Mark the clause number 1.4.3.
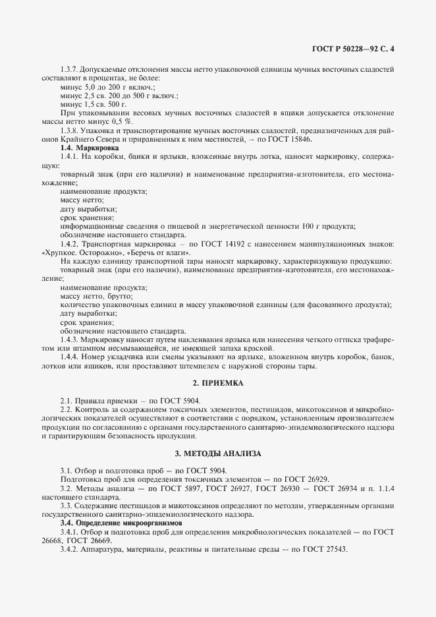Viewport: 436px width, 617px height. click(70, 339)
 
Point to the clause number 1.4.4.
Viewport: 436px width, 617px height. click(70, 357)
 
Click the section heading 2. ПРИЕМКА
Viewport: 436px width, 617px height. click(218, 383)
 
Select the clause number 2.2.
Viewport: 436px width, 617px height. click(65, 410)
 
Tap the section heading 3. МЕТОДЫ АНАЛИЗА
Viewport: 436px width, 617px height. click(218, 454)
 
